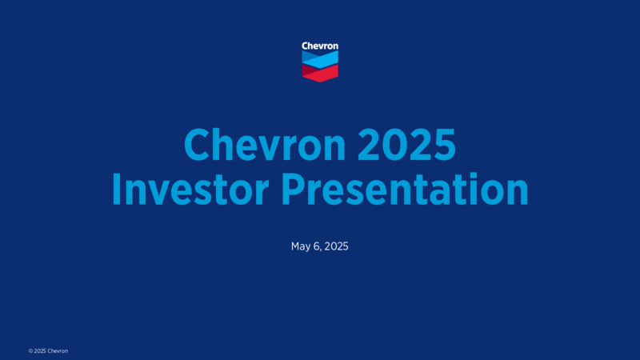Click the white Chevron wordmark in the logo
click(x=320, y=46)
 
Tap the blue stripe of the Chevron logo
click(x=320, y=59)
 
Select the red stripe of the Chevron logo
click(x=320, y=73)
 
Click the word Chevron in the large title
click(x=265, y=145)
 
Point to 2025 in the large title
click(x=406, y=145)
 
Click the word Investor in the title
click(x=190, y=189)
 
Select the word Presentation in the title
click(x=405, y=189)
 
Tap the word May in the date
click(x=302, y=246)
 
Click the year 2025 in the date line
click(x=336, y=246)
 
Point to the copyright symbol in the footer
click(x=30, y=351)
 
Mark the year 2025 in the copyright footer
click(x=39, y=351)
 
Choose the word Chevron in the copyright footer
click(x=58, y=351)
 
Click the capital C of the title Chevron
click(x=198, y=145)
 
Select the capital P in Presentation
click(x=293, y=189)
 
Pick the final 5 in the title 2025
click(x=445, y=145)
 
